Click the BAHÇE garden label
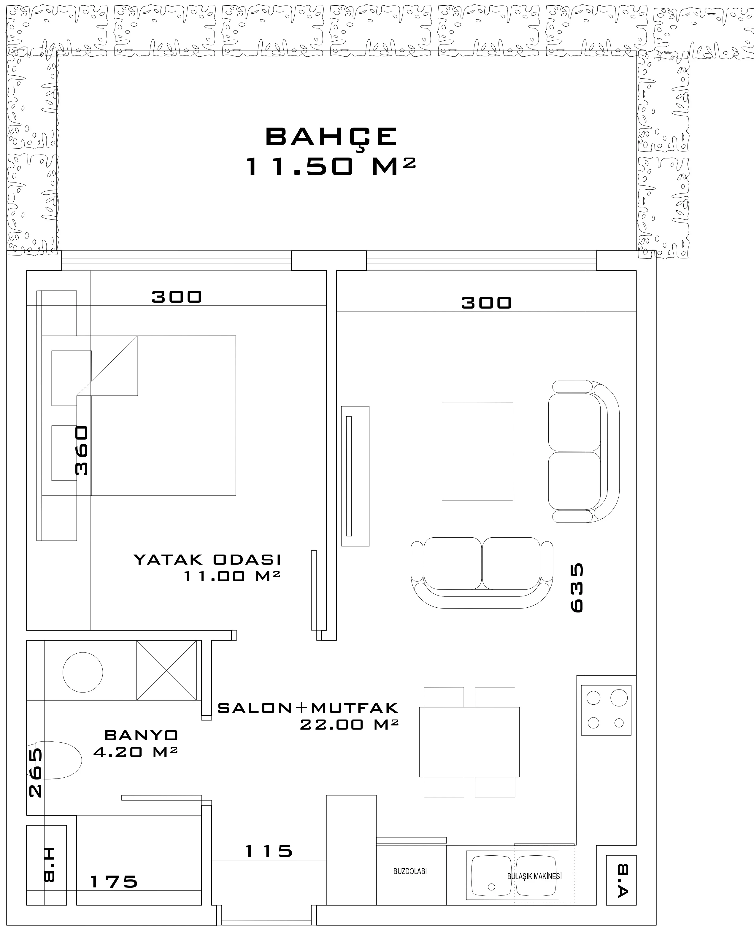click(331, 137)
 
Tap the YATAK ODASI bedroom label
click(207, 560)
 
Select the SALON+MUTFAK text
click(308, 708)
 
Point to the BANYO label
click(141, 735)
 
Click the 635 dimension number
click(577, 588)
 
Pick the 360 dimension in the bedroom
click(82, 451)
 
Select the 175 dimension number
click(114, 882)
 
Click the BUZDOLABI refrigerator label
click(410, 871)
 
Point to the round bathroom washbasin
click(83, 672)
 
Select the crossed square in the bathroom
click(166, 671)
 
